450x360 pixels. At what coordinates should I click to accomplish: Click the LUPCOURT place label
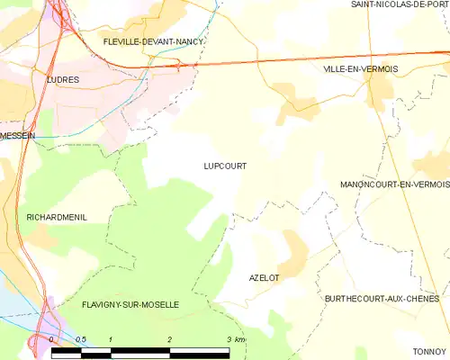tap(225, 166)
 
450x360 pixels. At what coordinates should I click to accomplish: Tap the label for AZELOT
tap(264, 278)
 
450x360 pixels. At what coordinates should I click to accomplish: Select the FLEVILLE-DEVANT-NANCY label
tap(153, 41)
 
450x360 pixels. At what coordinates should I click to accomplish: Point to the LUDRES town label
tap(62, 79)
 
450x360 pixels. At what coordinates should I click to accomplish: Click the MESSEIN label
tap(18, 135)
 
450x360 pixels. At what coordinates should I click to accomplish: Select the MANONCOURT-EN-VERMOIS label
tap(394, 184)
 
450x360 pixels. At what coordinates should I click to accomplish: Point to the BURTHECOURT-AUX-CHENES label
tap(382, 298)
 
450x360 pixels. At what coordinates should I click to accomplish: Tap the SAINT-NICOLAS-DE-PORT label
tap(400, 4)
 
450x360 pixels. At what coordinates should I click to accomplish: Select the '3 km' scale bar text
tap(236, 339)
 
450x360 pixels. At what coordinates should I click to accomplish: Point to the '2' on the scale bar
tap(169, 339)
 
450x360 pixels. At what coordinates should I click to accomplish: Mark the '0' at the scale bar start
tap(52, 339)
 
